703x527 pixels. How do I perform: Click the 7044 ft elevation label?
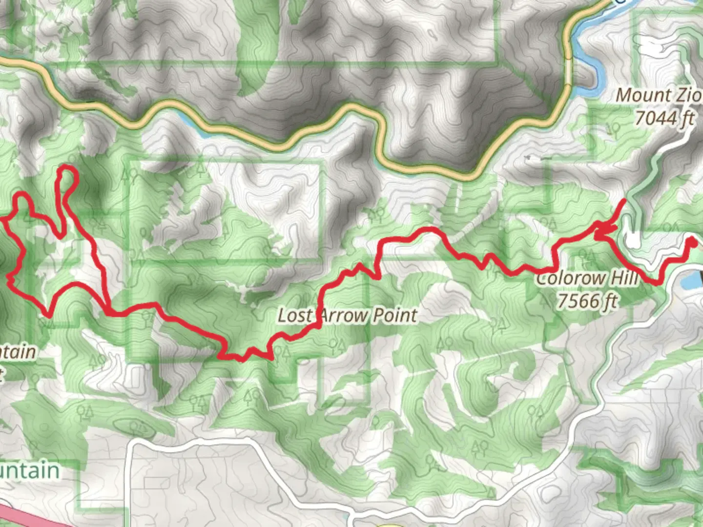point(664,118)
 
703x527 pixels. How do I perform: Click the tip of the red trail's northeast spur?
point(625,201)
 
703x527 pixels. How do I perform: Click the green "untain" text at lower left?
point(29,471)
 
